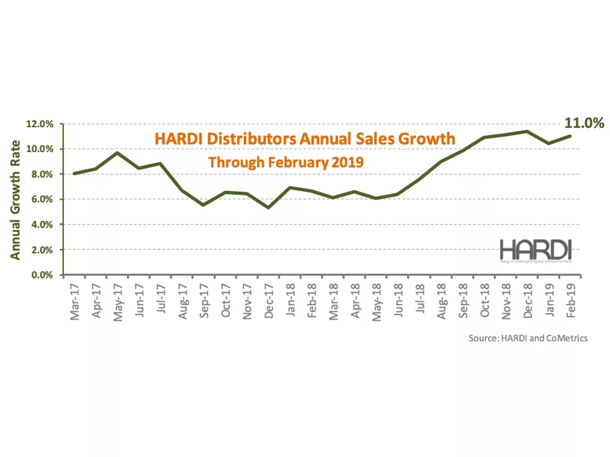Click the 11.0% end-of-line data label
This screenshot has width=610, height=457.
pos(584,123)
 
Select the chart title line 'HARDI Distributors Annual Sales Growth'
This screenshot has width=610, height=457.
pos(304,139)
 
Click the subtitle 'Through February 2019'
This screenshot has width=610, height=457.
pos(286,162)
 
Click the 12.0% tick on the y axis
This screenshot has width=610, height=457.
pos(38,124)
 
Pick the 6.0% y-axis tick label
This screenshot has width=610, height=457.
pos(40,199)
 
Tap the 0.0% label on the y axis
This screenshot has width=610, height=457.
pos(40,275)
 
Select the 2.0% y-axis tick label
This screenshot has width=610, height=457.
pos(40,250)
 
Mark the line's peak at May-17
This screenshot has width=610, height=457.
pos(118,153)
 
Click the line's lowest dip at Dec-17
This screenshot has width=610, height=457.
pos(270,207)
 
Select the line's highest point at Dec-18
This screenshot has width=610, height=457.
pos(528,132)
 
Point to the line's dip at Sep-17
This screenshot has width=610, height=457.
pos(204,205)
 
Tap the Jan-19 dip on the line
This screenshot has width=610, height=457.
pos(550,143)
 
